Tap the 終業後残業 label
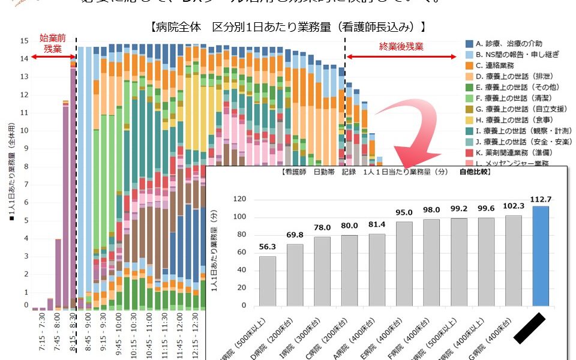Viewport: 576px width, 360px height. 401,46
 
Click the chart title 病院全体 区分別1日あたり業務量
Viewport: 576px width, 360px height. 289,26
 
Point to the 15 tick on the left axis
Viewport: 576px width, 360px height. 25,41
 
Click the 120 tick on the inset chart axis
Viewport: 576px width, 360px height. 239,199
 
